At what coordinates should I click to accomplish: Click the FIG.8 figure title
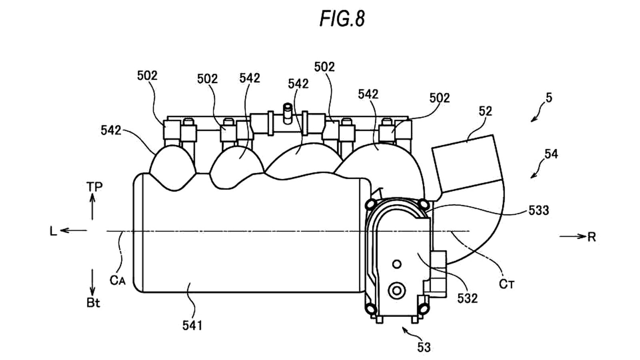342,18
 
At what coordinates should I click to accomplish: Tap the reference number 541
192,326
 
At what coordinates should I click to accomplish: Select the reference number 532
467,298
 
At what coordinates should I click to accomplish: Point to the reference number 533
538,210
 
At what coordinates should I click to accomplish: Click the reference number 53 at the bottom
424,347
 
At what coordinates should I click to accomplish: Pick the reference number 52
486,111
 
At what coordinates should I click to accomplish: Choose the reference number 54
551,154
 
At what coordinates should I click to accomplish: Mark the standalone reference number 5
549,98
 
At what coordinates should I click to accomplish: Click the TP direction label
94,187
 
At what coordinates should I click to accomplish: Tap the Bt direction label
93,303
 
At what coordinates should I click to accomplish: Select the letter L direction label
53,232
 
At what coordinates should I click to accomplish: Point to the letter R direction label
592,237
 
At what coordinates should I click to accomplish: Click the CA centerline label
118,280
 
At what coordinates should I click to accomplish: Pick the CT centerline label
507,284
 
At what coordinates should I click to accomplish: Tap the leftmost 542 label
111,130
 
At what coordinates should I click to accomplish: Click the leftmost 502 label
147,76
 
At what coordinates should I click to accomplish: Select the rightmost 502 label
440,98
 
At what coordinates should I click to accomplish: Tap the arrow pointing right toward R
572,236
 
